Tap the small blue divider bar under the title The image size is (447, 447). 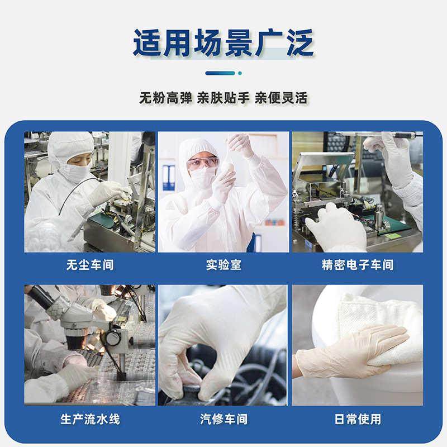(223, 73)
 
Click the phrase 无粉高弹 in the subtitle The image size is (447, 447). (166, 98)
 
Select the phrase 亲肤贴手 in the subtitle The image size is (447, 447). (223, 98)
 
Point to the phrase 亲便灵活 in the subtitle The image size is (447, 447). (281, 98)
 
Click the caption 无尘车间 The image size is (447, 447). (89, 265)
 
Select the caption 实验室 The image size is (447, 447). (223, 265)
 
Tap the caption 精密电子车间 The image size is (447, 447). (358, 265)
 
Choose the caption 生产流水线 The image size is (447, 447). (89, 419)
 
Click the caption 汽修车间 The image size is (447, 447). (223, 419)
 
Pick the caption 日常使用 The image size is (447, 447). (358, 419)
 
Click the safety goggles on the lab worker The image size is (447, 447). (201, 163)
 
